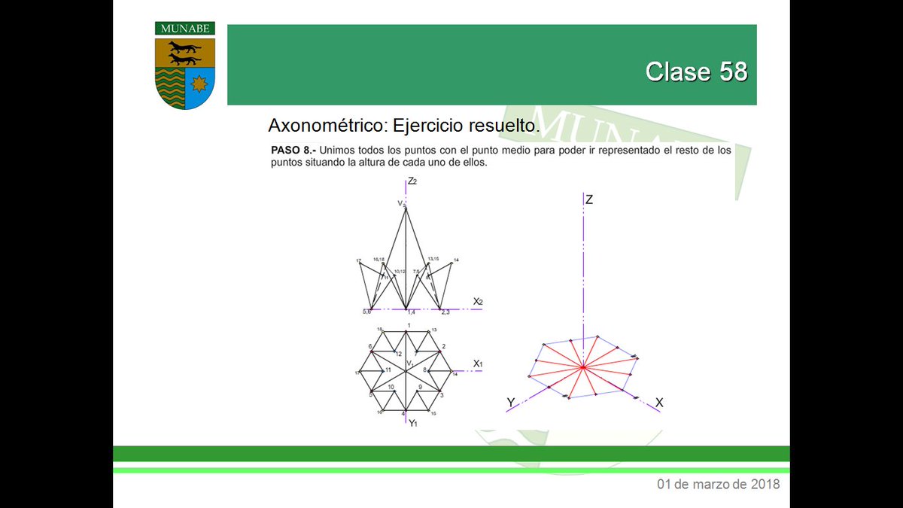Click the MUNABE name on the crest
point(185,29)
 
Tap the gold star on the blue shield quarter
point(200,81)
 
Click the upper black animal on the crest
point(184,47)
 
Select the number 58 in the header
point(733,71)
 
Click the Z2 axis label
point(412,181)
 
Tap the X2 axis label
point(478,302)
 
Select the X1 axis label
point(478,364)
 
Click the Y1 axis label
point(413,424)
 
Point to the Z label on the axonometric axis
point(589,199)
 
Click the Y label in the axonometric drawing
point(511,403)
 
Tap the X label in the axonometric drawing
point(659,403)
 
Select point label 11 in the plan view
point(388,370)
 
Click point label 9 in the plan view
point(421,387)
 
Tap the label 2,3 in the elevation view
point(445,312)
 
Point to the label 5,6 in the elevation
point(367,312)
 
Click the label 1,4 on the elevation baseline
point(411,312)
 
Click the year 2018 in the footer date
point(765,484)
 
